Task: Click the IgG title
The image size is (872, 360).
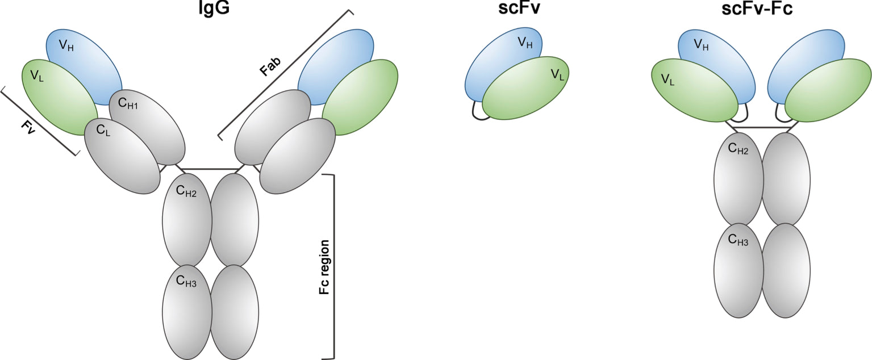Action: point(211,10)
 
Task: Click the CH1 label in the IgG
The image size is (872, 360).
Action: point(128,104)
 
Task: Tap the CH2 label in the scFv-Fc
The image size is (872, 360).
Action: point(738,150)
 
